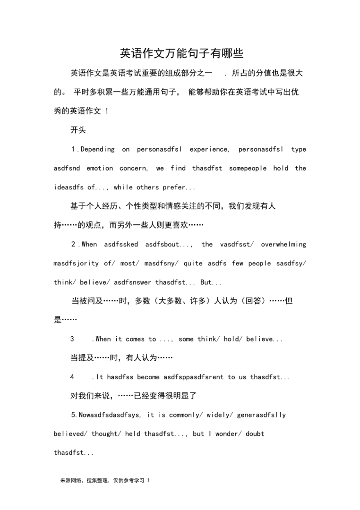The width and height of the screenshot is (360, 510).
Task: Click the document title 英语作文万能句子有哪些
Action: coord(181,53)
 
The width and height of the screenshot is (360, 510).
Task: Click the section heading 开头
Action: coord(78,130)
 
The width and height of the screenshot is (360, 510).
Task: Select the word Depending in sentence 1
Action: coord(98,150)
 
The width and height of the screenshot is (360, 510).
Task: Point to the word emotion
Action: coord(100,169)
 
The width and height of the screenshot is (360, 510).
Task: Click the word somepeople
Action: coord(248,169)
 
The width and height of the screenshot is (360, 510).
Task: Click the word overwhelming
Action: coord(283,245)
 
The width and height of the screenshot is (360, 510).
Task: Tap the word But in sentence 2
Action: coord(207,282)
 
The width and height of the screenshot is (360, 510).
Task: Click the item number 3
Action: coord(72,339)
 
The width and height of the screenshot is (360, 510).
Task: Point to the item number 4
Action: coord(72,377)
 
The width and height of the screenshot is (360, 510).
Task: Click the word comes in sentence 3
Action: coord(135,339)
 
